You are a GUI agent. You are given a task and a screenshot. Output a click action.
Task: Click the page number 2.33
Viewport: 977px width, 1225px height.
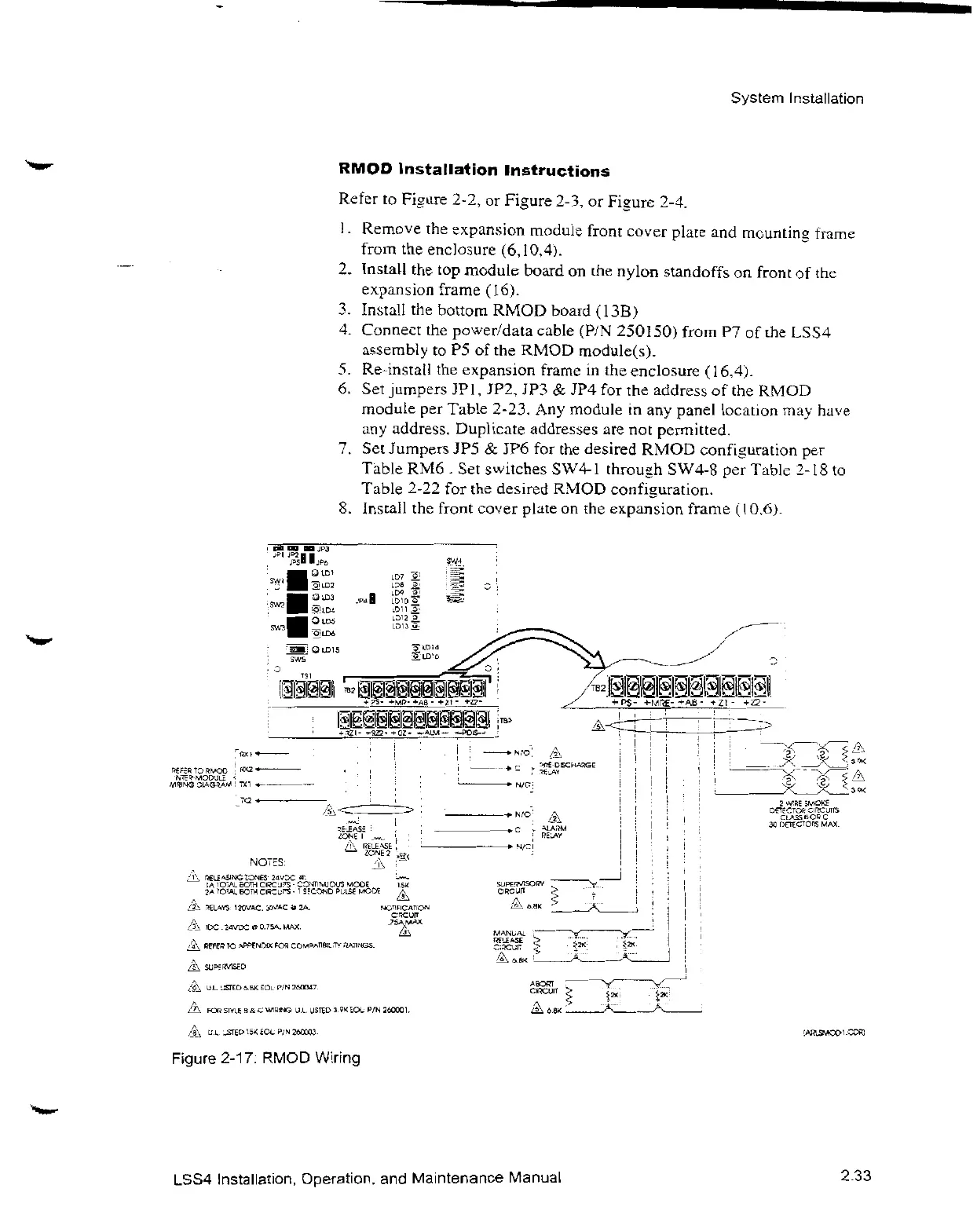point(855,1176)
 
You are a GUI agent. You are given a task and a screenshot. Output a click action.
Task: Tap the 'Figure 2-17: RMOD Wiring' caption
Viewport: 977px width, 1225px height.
point(266,1059)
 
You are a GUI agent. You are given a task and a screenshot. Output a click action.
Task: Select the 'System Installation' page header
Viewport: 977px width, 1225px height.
point(796,99)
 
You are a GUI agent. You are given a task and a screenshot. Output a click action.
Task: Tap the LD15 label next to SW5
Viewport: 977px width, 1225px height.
point(325,649)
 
